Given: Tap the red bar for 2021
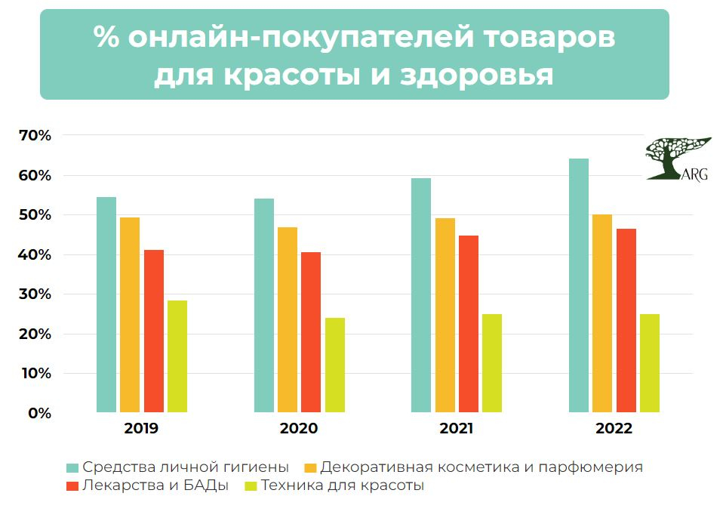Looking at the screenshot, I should point(469,324).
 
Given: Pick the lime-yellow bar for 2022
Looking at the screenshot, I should point(650,363).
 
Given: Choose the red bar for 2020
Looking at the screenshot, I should point(311,332).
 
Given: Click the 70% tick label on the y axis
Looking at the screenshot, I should point(35,136).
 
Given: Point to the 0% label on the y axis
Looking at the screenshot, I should point(38,413).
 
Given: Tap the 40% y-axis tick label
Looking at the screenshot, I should point(35,255).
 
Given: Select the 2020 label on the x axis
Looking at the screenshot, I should point(299,429).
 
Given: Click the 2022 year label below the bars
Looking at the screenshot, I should point(614,429).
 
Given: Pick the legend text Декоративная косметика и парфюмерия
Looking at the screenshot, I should point(481,467).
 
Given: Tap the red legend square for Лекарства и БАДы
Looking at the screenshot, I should point(72,486).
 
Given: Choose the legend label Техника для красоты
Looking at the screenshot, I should point(342,486).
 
